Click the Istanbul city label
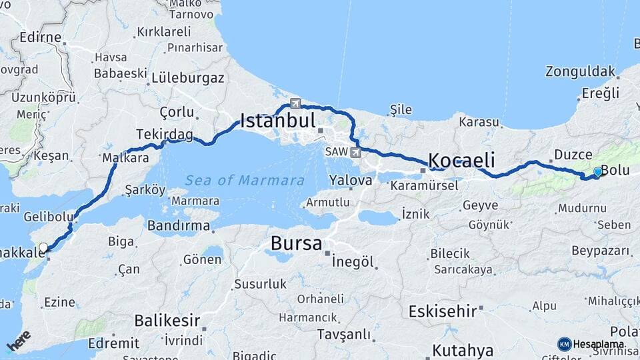(x=277, y=121)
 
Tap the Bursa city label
(x=296, y=243)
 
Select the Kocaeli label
(x=461, y=160)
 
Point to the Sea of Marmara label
(x=245, y=180)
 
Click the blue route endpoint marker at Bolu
(x=597, y=172)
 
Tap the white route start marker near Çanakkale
(x=43, y=248)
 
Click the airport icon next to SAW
(x=355, y=153)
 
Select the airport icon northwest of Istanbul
(x=295, y=103)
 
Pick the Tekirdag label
(x=164, y=135)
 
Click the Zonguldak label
(x=580, y=71)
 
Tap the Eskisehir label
(x=443, y=311)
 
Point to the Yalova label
(x=350, y=180)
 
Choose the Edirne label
(x=41, y=37)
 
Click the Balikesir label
(x=167, y=321)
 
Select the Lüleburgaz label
(x=188, y=77)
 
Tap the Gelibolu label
(x=48, y=217)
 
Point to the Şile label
(x=400, y=110)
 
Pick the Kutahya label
(x=463, y=350)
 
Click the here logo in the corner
(x=18, y=341)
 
